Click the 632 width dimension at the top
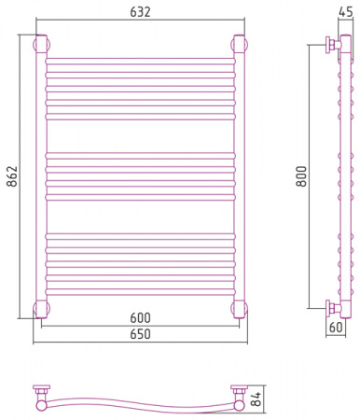[140, 12]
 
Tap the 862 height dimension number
[13, 176]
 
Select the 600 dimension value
[140, 318]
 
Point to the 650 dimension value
[140, 334]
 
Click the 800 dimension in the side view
[301, 176]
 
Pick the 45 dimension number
[345, 12]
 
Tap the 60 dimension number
[336, 328]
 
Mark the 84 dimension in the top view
[256, 399]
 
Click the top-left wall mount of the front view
[41, 44]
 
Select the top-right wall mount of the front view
[239, 44]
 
